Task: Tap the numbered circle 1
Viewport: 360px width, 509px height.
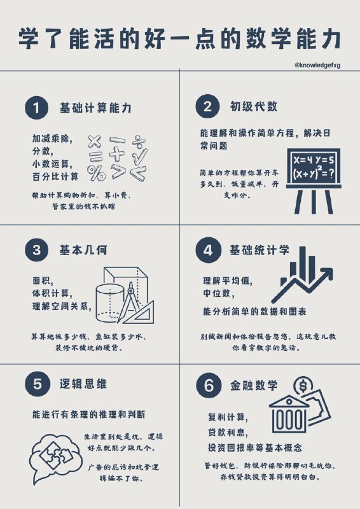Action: click(x=36, y=108)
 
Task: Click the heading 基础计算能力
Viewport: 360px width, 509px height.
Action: click(x=95, y=108)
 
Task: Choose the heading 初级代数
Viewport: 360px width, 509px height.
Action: click(x=253, y=107)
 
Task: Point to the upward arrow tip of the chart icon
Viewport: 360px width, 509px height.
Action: click(x=328, y=272)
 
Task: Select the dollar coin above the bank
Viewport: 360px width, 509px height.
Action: click(x=303, y=386)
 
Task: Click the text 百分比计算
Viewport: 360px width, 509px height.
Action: click(x=56, y=176)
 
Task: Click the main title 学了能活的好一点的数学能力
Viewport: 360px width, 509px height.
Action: click(x=180, y=38)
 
